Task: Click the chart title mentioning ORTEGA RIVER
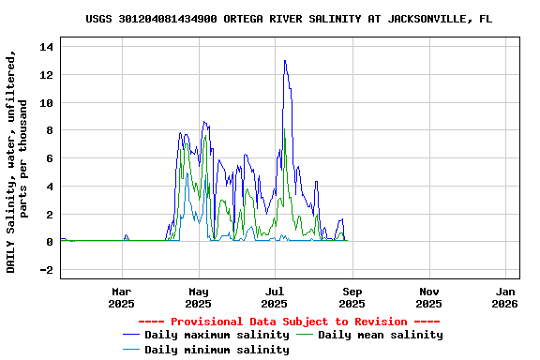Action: click(x=288, y=19)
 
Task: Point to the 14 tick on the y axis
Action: click(x=48, y=47)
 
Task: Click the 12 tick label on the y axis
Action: click(x=48, y=75)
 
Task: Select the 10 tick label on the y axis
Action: click(x=48, y=103)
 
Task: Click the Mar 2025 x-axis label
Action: click(x=121, y=297)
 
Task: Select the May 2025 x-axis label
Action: click(x=198, y=297)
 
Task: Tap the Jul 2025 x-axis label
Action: click(x=275, y=297)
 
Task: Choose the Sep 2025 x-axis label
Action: click(x=352, y=297)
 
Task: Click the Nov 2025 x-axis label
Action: click(x=428, y=297)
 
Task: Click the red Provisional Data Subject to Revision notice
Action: click(x=288, y=322)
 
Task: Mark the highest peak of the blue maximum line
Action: click(x=284, y=61)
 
